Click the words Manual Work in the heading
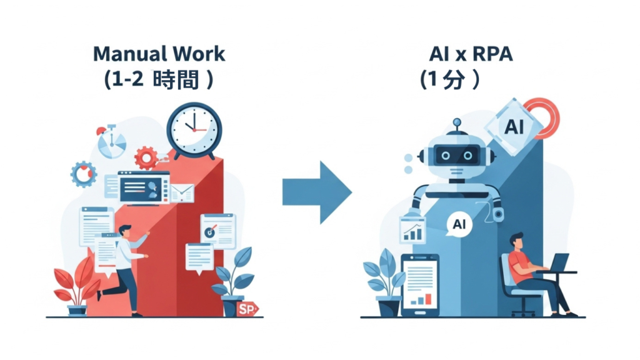click(159, 54)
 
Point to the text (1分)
click(450, 79)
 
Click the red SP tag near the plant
click(247, 308)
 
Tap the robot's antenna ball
click(457, 122)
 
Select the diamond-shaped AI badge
click(514, 127)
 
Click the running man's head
click(125, 231)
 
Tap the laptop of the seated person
click(558, 262)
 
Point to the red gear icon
click(146, 157)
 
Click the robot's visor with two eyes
click(457, 154)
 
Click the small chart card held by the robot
click(412, 231)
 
